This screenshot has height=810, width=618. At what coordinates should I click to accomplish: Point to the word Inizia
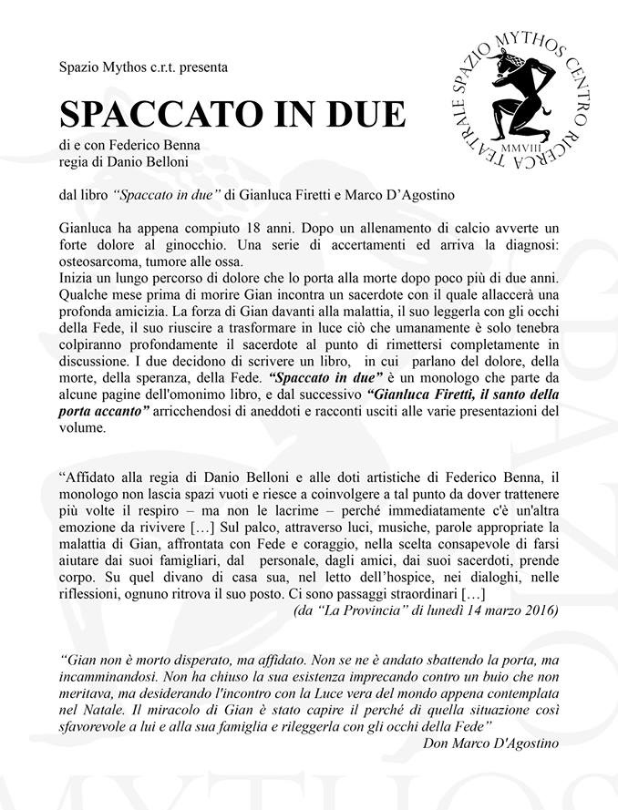(77, 276)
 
